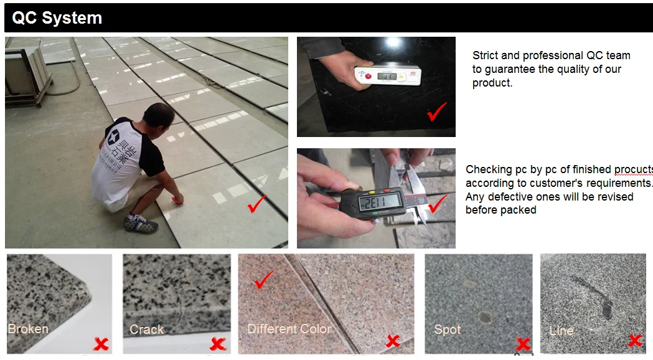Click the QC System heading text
57,18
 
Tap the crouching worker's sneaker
141,224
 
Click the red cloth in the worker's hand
177,201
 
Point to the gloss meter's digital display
387,76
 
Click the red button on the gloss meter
368,76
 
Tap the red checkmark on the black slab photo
437,111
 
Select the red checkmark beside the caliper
437,204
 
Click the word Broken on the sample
28,329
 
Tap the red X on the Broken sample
101,344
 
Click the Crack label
146,329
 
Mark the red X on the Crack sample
217,344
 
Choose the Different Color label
289,329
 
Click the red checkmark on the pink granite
263,280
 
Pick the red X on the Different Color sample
393,341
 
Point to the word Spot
448,329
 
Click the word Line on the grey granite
561,331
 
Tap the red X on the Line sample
635,340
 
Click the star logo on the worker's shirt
114,136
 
